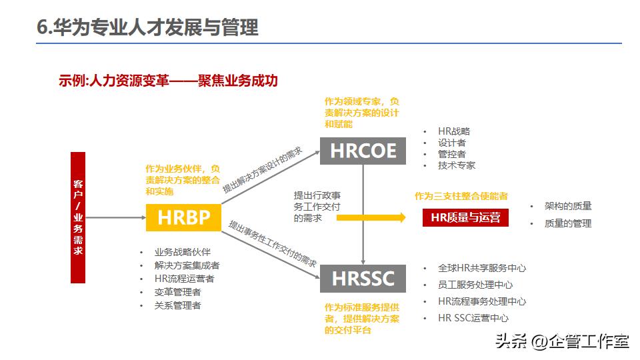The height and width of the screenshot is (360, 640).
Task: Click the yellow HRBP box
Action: pos(183,217)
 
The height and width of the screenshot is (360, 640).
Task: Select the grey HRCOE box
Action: pos(363,151)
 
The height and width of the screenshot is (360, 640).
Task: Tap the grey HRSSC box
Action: pos(363,278)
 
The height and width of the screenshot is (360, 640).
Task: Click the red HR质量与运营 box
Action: pos(465,217)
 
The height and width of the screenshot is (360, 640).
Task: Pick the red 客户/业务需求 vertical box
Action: pos(78,217)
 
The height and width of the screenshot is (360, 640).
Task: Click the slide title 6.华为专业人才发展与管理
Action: pos(147,28)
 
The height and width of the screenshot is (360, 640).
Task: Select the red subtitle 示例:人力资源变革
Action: pos(167,81)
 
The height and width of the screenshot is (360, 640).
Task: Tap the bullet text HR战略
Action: pos(454,131)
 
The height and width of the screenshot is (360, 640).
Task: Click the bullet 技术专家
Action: pos(457,165)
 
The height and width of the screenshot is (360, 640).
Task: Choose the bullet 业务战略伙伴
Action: pos(182,252)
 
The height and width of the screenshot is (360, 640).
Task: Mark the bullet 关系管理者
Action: pos(177,305)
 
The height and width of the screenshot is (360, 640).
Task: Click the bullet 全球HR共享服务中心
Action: pos(482,268)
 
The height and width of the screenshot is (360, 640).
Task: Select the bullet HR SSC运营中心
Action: pos(473,319)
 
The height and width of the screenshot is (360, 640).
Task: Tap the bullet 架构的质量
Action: pos(568,206)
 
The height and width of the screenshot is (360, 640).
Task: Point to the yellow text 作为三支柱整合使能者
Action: pos(461,196)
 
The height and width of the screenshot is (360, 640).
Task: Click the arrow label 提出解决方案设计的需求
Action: pos(262,170)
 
